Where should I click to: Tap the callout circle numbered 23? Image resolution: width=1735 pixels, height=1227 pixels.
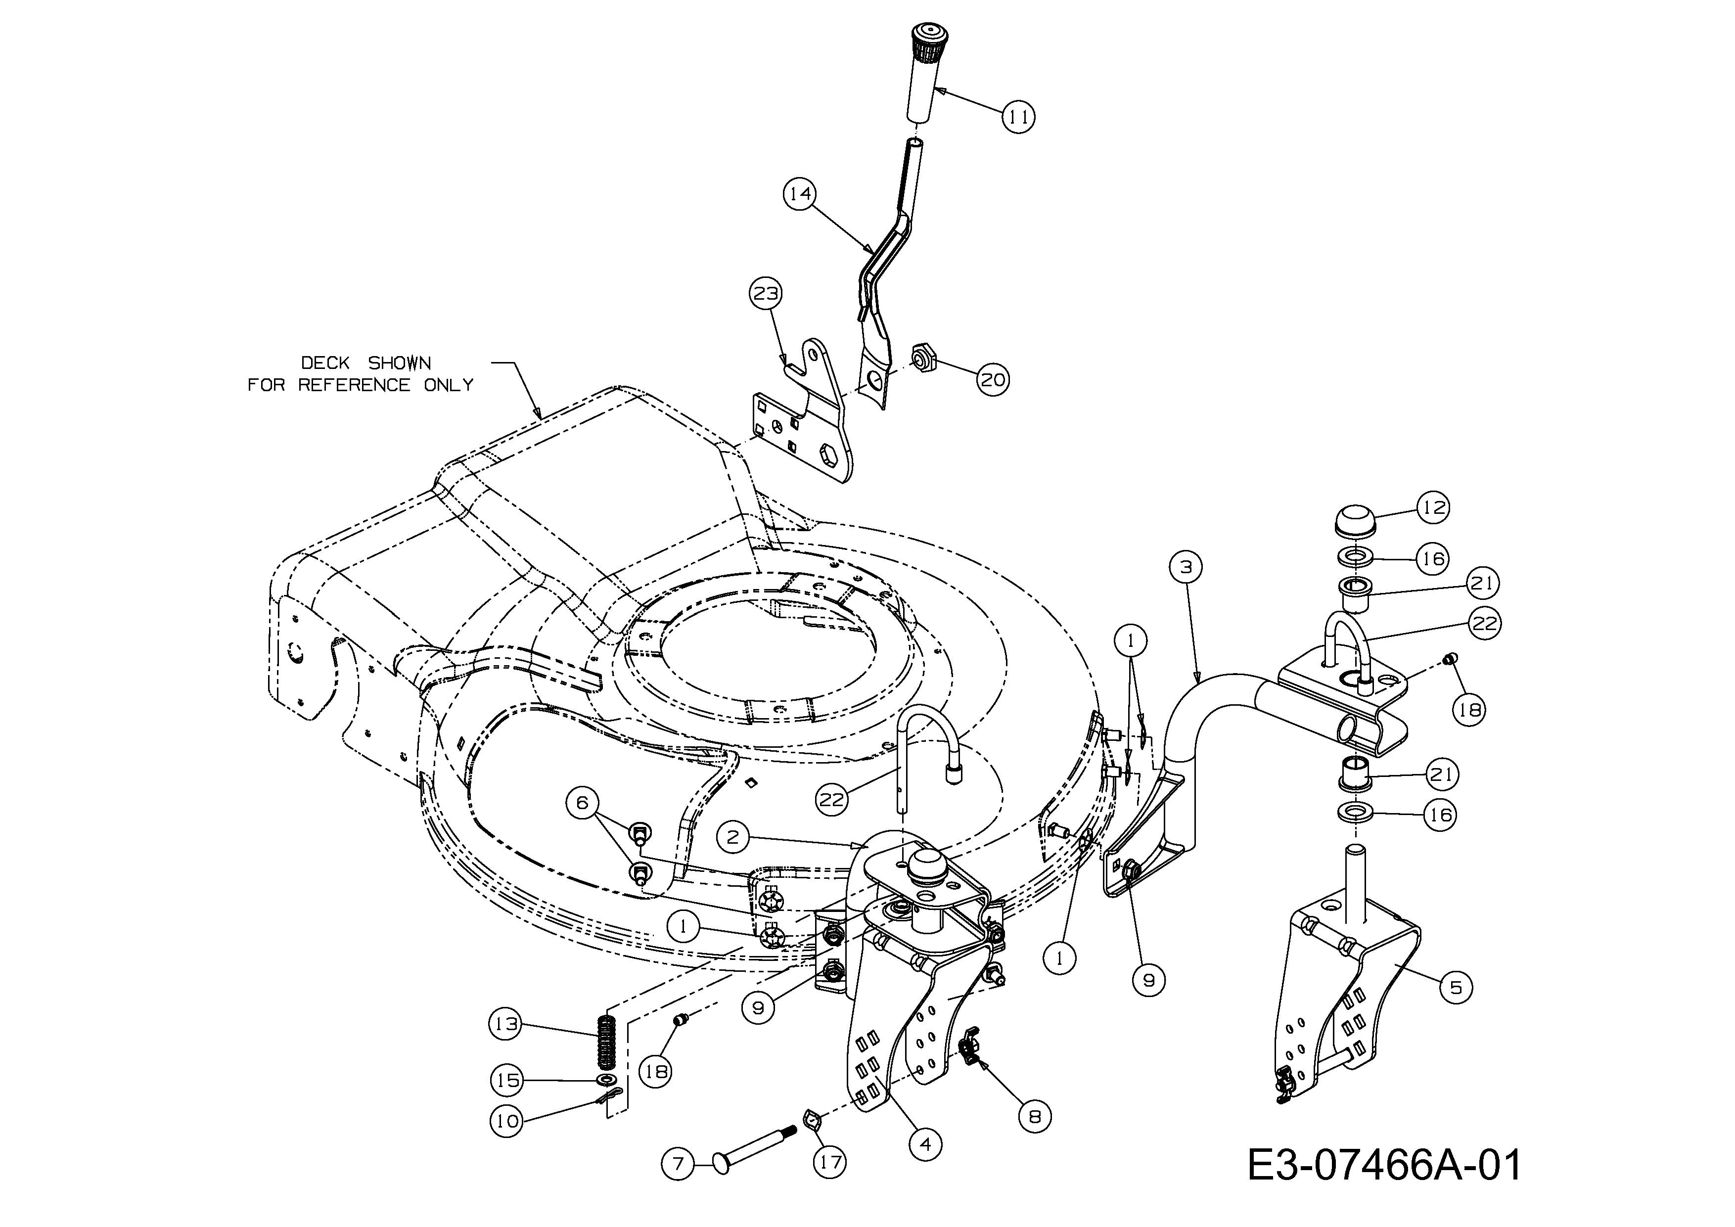click(x=766, y=293)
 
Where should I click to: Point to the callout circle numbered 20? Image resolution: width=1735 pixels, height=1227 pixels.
click(x=993, y=379)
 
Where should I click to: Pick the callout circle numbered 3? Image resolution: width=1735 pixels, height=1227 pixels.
click(x=1185, y=567)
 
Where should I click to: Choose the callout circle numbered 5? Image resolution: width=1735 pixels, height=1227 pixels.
click(x=1456, y=987)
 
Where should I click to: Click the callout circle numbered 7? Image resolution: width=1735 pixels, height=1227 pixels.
click(x=678, y=1164)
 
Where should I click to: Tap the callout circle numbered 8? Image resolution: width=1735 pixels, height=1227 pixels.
click(x=1035, y=1116)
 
